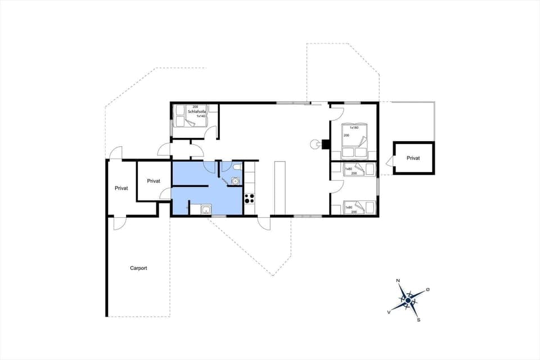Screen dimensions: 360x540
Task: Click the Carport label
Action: (138, 268)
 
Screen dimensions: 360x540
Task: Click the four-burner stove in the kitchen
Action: (249, 198)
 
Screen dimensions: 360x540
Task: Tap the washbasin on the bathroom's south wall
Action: (206, 210)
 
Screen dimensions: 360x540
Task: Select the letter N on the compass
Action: (398, 280)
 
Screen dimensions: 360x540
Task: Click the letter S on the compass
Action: (418, 319)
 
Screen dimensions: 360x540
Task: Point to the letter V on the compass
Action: (389, 311)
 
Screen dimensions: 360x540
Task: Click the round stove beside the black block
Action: (313, 145)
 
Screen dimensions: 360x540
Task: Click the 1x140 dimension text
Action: (201, 116)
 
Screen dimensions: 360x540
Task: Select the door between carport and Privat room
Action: (119, 223)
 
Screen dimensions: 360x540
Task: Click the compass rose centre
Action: (408, 300)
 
